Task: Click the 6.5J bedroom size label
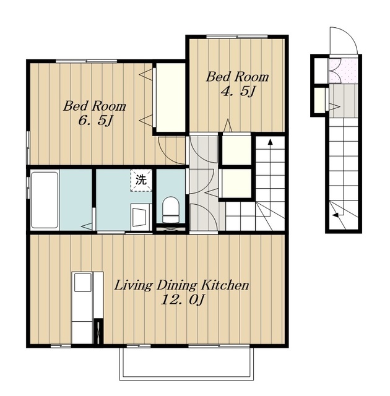tap(95, 121)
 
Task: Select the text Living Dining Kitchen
tap(181, 286)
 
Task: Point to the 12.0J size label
tap(182, 301)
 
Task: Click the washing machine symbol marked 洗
tap(141, 180)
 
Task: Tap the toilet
tap(171, 210)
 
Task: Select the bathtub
tap(45, 200)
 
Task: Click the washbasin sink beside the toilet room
tap(141, 217)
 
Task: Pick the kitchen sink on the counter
tap(82, 282)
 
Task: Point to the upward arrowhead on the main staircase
tap(271, 142)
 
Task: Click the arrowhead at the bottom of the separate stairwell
tap(336, 215)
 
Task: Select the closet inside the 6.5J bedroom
tap(171, 98)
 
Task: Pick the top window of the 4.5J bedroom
tap(236, 37)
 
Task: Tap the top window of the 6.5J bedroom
tap(86, 61)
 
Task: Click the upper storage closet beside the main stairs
tap(236, 150)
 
